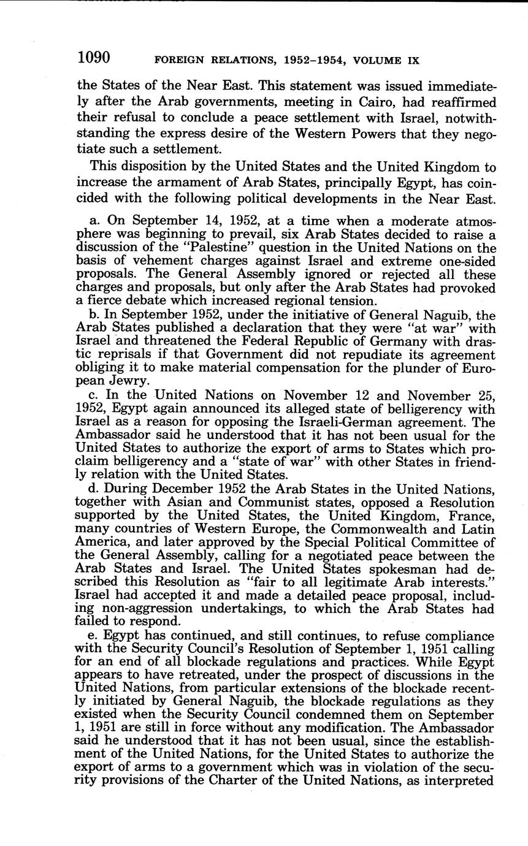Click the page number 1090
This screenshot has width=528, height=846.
pyautogui.click(x=93, y=58)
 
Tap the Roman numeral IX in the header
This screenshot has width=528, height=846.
pyautogui.click(x=413, y=61)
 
